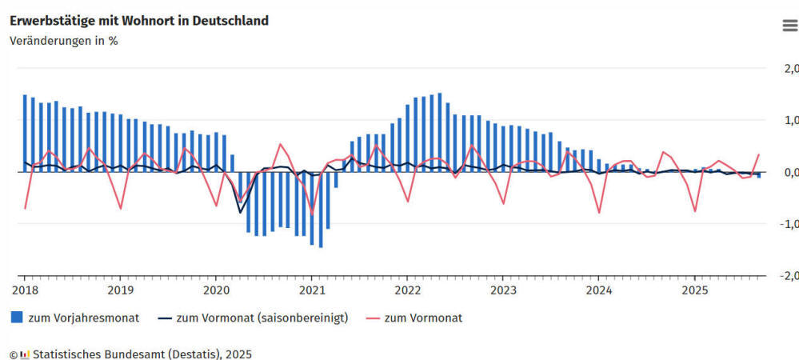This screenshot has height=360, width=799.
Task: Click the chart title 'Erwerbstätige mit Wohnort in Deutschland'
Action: click(139, 21)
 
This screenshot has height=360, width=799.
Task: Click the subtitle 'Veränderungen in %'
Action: click(64, 41)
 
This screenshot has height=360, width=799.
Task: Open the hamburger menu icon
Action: click(789, 26)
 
